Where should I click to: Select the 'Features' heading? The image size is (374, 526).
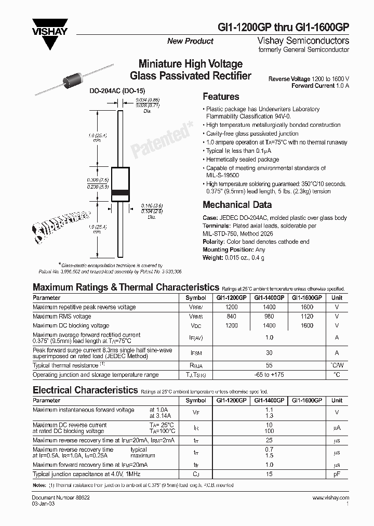click(221, 97)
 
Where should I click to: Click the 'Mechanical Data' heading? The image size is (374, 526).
click(237, 205)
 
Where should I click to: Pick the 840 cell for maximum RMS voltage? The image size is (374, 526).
click(231, 316)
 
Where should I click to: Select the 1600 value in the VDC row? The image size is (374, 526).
click(307, 325)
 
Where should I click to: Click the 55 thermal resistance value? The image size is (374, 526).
click(269, 366)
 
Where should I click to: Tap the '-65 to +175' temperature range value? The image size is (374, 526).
click(269, 375)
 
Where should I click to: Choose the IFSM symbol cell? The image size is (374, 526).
click(196, 353)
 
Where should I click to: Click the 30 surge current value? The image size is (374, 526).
click(269, 352)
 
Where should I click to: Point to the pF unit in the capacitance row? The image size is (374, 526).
click(337, 475)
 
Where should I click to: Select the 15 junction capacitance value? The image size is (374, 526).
click(269, 475)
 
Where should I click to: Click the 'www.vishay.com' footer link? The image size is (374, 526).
click(331, 498)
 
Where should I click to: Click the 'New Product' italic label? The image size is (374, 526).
click(190, 41)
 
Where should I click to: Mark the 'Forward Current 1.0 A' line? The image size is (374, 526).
click(320, 85)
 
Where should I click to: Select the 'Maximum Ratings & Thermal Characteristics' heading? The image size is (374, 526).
click(126, 287)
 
